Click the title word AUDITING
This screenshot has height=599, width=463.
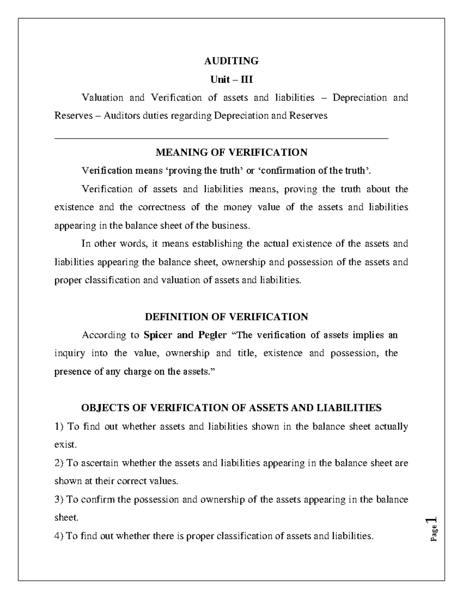point(231,61)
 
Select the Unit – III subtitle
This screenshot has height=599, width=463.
point(231,79)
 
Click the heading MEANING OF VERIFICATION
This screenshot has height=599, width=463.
point(231,152)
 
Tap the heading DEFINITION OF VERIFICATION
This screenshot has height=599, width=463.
point(226,317)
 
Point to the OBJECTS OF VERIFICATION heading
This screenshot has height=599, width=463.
point(231,408)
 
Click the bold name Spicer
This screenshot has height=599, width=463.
point(158,335)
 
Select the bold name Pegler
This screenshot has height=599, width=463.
point(212,335)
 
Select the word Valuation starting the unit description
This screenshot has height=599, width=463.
point(102,98)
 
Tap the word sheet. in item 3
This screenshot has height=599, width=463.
point(66,518)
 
